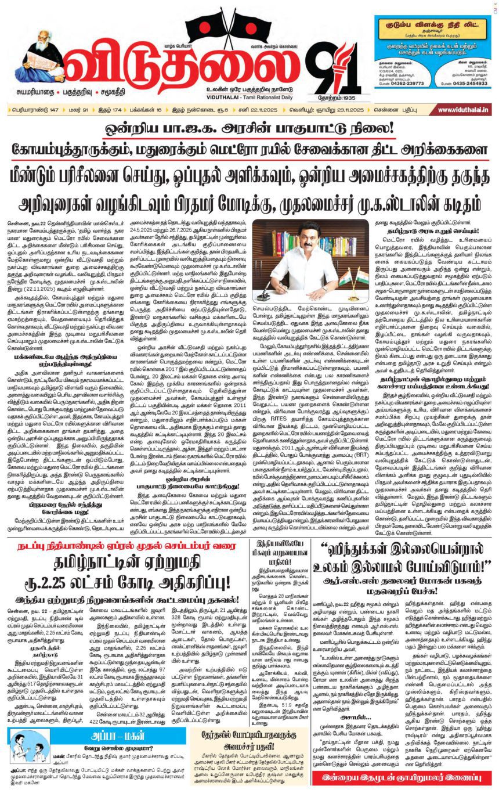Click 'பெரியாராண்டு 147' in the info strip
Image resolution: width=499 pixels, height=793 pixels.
click(31, 110)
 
